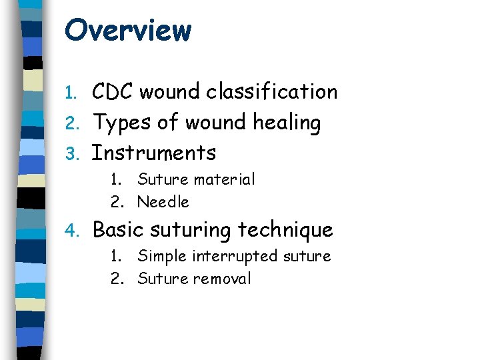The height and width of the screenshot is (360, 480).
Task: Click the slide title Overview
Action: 128,30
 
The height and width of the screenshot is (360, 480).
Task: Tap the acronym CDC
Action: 114,91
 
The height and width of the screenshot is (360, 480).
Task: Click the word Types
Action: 121,123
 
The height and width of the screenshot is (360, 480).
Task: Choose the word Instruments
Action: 154,153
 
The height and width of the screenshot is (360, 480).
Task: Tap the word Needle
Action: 163,201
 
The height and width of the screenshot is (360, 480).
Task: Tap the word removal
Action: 222,279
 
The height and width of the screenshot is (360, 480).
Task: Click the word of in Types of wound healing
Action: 168,123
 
